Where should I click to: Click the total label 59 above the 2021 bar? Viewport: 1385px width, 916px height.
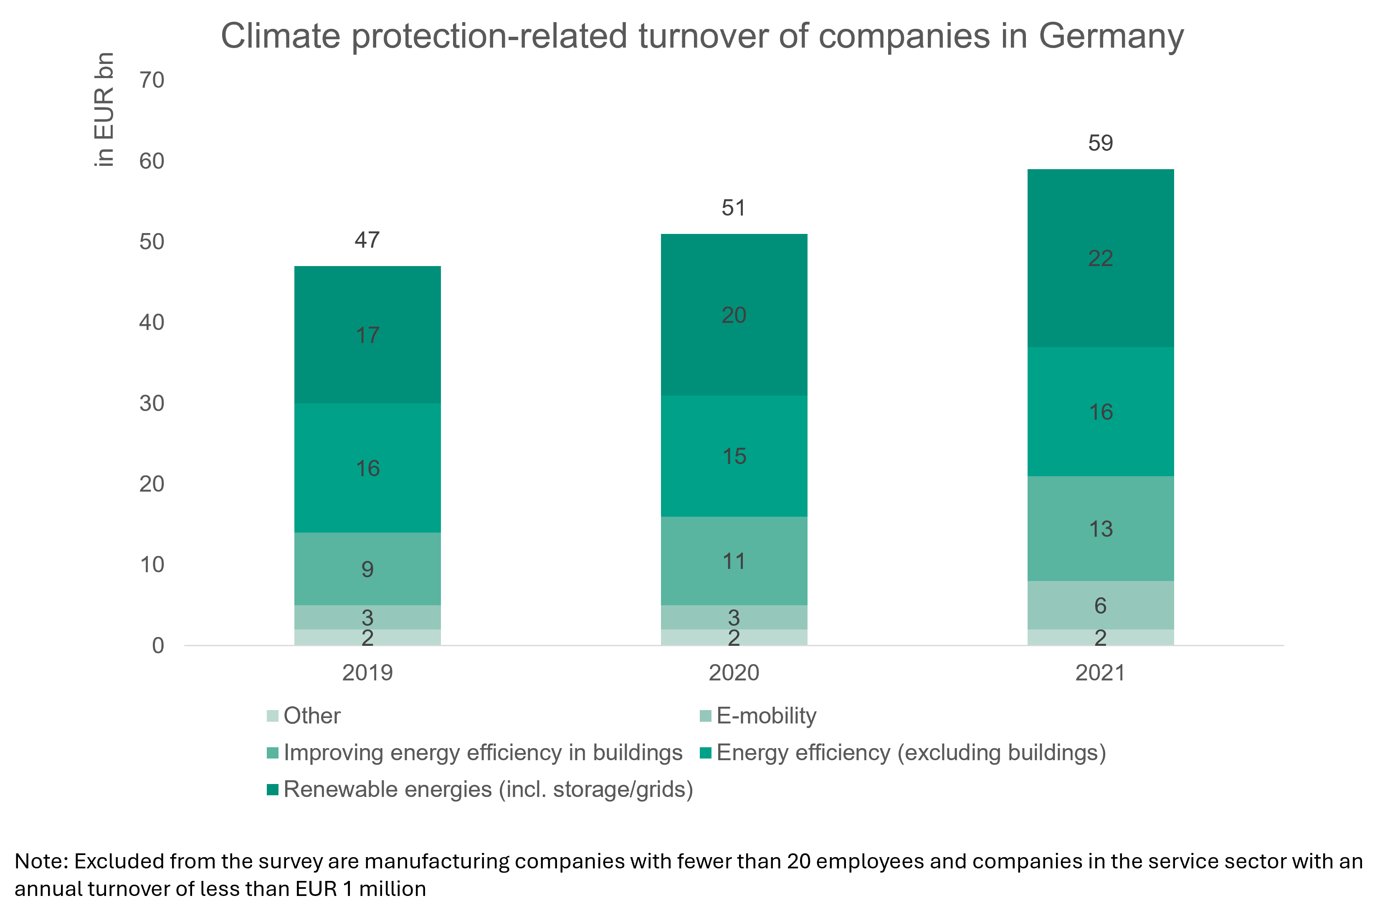pyautogui.click(x=1100, y=143)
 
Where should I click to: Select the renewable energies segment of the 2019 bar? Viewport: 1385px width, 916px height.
pyautogui.click(x=367, y=335)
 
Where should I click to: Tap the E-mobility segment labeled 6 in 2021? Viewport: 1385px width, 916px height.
pyautogui.click(x=1100, y=605)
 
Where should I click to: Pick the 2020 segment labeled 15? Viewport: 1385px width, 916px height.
pyautogui.click(x=734, y=456)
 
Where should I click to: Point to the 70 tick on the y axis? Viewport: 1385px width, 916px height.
pyautogui.click(x=152, y=80)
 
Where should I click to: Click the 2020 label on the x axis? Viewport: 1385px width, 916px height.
pyautogui.click(x=734, y=673)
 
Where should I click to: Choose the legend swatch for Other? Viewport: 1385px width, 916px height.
pyautogui.click(x=272, y=716)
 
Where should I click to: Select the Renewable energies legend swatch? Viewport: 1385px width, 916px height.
pyautogui.click(x=272, y=790)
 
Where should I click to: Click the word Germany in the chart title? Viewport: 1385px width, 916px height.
pyautogui.click(x=1111, y=36)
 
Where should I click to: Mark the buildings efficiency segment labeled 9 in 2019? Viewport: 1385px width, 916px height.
pyautogui.click(x=367, y=568)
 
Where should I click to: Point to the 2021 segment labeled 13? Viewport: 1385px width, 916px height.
pyautogui.click(x=1100, y=529)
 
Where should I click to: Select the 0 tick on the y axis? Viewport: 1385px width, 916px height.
pyautogui.click(x=158, y=645)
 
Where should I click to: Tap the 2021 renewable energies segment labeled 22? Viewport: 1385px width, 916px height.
pyautogui.click(x=1100, y=258)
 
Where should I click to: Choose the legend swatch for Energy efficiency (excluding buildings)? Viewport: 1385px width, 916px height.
pyautogui.click(x=705, y=753)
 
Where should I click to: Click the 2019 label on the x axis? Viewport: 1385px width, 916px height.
pyautogui.click(x=367, y=673)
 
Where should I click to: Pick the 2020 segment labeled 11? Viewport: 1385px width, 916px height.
pyautogui.click(x=734, y=561)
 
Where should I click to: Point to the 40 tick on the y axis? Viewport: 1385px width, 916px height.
pyautogui.click(x=152, y=322)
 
